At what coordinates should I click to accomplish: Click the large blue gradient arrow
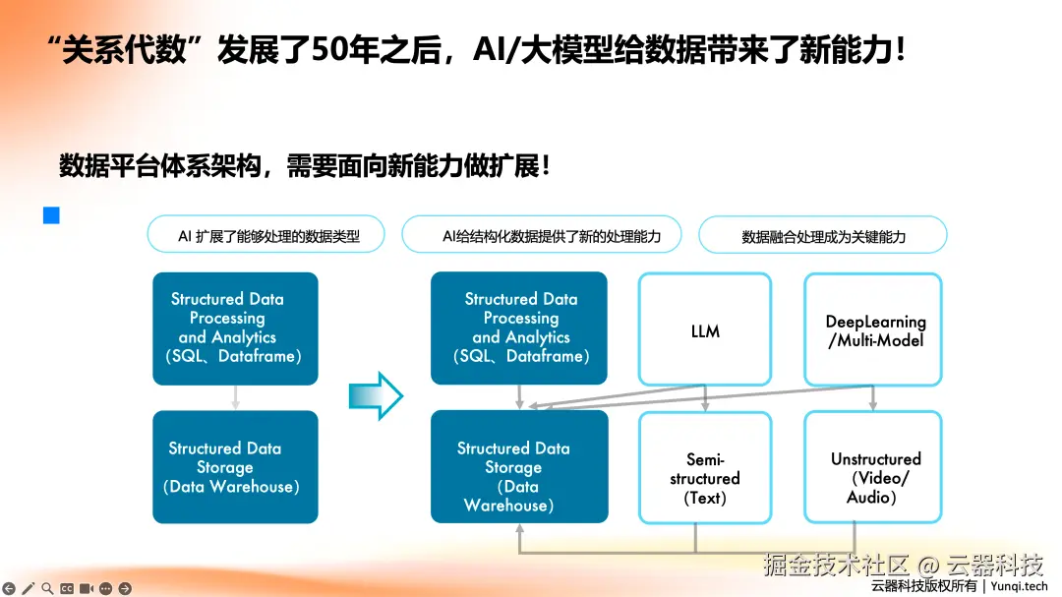tap(376, 394)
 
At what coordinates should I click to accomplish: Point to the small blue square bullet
tap(51, 215)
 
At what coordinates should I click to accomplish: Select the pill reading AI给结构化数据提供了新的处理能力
tap(542, 235)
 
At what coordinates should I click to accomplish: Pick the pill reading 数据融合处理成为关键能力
tap(823, 236)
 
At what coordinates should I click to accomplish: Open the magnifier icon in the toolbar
tap(47, 588)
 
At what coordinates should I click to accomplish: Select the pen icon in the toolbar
tap(28, 588)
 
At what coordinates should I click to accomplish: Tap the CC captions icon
tap(67, 588)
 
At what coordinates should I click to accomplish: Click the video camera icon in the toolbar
tap(87, 588)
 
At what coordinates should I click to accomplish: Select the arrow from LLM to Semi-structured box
tap(705, 397)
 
